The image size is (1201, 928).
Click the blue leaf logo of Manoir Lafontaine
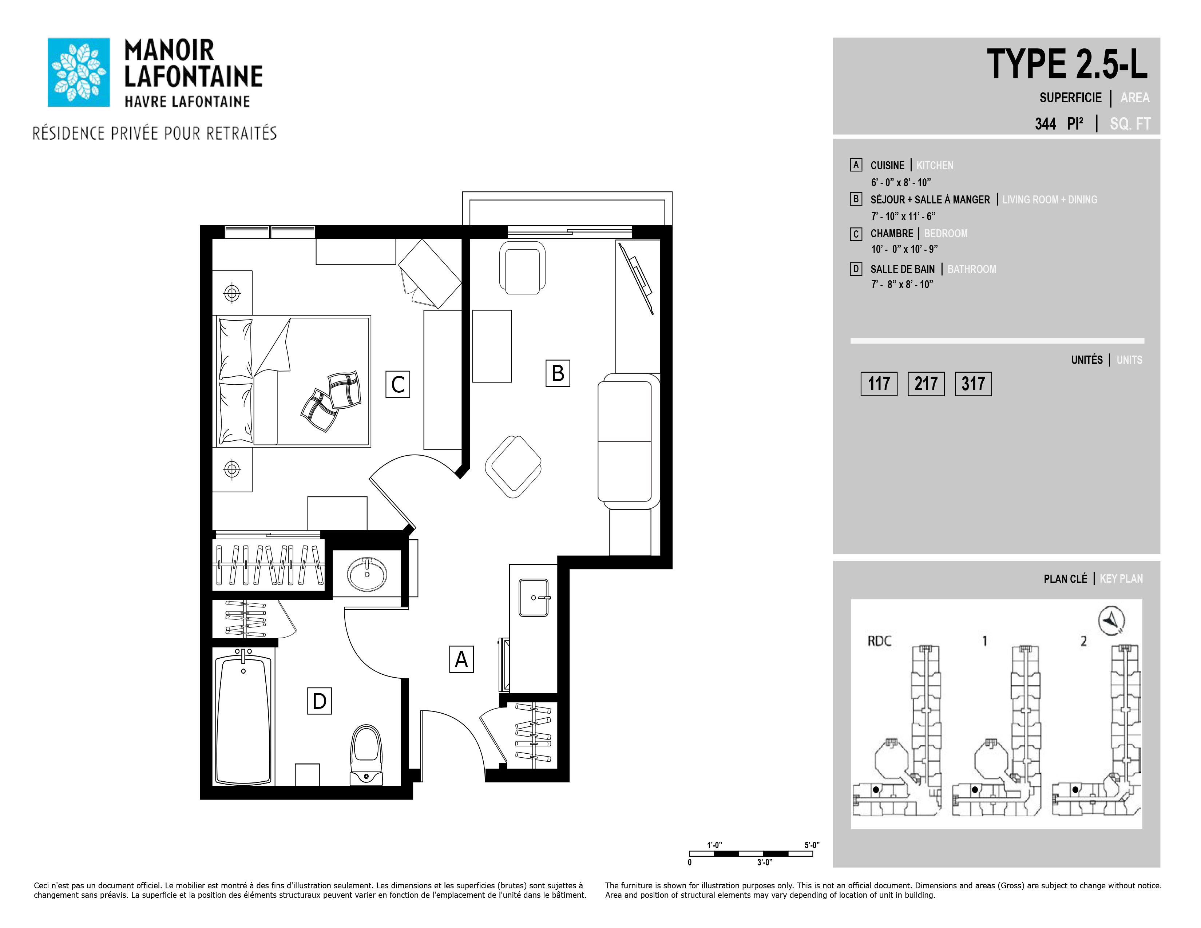coord(79,72)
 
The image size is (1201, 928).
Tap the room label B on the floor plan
coord(558,373)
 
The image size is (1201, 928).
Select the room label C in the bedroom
coord(397,384)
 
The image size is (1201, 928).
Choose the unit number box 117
coord(879,384)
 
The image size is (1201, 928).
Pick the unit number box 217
coord(926,384)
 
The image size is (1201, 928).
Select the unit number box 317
coord(973,384)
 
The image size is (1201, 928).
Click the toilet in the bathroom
coord(366,754)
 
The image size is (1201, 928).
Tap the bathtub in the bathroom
coord(243,717)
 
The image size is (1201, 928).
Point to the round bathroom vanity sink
coord(367,574)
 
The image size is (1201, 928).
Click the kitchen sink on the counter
coord(534,598)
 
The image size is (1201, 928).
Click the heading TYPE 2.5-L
coord(1067,65)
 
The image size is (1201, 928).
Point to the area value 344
coord(1045,124)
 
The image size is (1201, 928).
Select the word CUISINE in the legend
coord(887,166)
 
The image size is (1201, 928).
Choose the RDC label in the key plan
coord(879,641)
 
